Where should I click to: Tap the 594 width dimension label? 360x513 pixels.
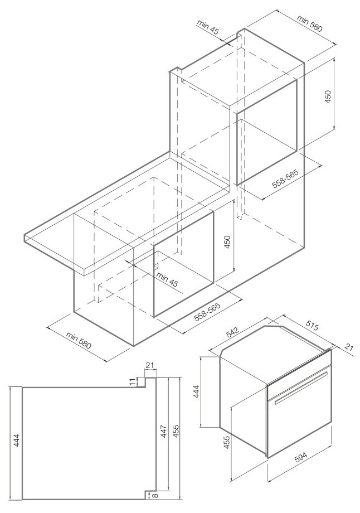click(301, 457)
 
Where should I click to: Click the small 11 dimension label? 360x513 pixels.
click(133, 381)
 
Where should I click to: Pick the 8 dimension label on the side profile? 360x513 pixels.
click(154, 494)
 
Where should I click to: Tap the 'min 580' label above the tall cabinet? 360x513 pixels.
click(310, 23)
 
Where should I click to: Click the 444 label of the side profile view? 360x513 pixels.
click(17, 443)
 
